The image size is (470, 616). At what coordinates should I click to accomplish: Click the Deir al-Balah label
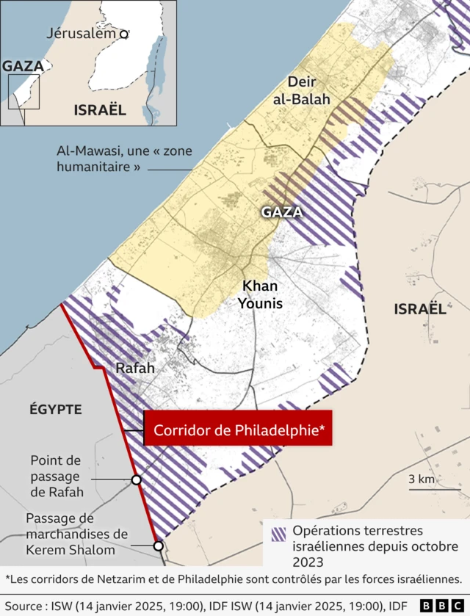(308, 90)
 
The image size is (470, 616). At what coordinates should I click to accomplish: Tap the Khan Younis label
(262, 293)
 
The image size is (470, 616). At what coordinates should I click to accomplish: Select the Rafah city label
(135, 368)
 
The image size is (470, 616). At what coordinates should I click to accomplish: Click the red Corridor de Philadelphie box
(238, 428)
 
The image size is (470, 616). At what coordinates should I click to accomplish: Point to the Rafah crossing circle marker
(136, 479)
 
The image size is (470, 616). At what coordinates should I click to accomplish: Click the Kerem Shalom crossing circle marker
(158, 546)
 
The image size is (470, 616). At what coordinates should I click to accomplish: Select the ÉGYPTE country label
(56, 409)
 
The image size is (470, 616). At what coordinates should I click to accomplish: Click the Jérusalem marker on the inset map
(124, 33)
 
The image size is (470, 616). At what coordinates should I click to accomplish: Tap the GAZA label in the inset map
(23, 66)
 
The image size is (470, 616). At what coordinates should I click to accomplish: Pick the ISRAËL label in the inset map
(100, 110)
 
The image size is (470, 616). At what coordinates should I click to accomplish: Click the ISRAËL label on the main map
(419, 308)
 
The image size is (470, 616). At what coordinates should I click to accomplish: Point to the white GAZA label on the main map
(282, 212)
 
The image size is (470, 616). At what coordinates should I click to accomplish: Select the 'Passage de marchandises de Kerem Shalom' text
(76, 534)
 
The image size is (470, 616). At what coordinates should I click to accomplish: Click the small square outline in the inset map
(23, 91)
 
